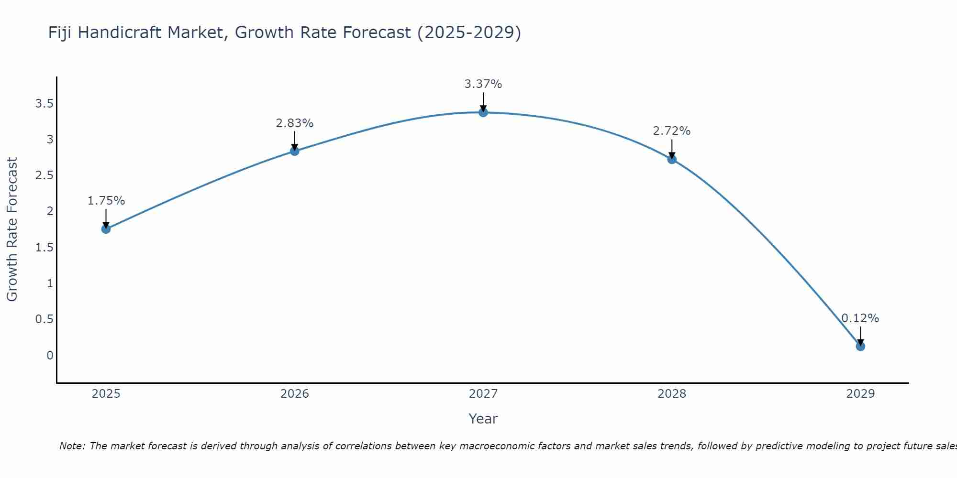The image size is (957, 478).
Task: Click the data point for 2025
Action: coord(106,229)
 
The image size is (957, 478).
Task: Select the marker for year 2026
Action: coord(295,151)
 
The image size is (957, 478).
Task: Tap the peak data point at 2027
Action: coord(483,112)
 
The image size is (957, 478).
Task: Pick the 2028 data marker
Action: coord(672,159)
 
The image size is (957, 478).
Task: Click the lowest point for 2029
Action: coord(860,346)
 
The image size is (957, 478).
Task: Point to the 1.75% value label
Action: coord(106,201)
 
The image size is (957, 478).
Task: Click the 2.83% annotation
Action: coord(295,123)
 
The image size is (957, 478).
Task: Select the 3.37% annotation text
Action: coord(483,84)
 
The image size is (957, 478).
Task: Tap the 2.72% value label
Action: coord(672,131)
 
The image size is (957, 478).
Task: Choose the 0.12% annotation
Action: coord(860,318)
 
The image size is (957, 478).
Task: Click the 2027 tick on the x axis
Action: coord(483,394)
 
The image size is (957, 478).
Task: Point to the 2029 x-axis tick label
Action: coord(860,394)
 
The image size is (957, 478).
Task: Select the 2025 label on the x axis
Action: coord(106,394)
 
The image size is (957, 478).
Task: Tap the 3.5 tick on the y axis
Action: coord(44,104)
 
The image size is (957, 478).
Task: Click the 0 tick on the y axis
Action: coord(50,355)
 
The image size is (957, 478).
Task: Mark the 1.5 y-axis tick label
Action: coord(44,248)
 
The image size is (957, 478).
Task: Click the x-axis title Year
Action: coord(483,419)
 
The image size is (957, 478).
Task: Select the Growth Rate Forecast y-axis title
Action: coord(12,229)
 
